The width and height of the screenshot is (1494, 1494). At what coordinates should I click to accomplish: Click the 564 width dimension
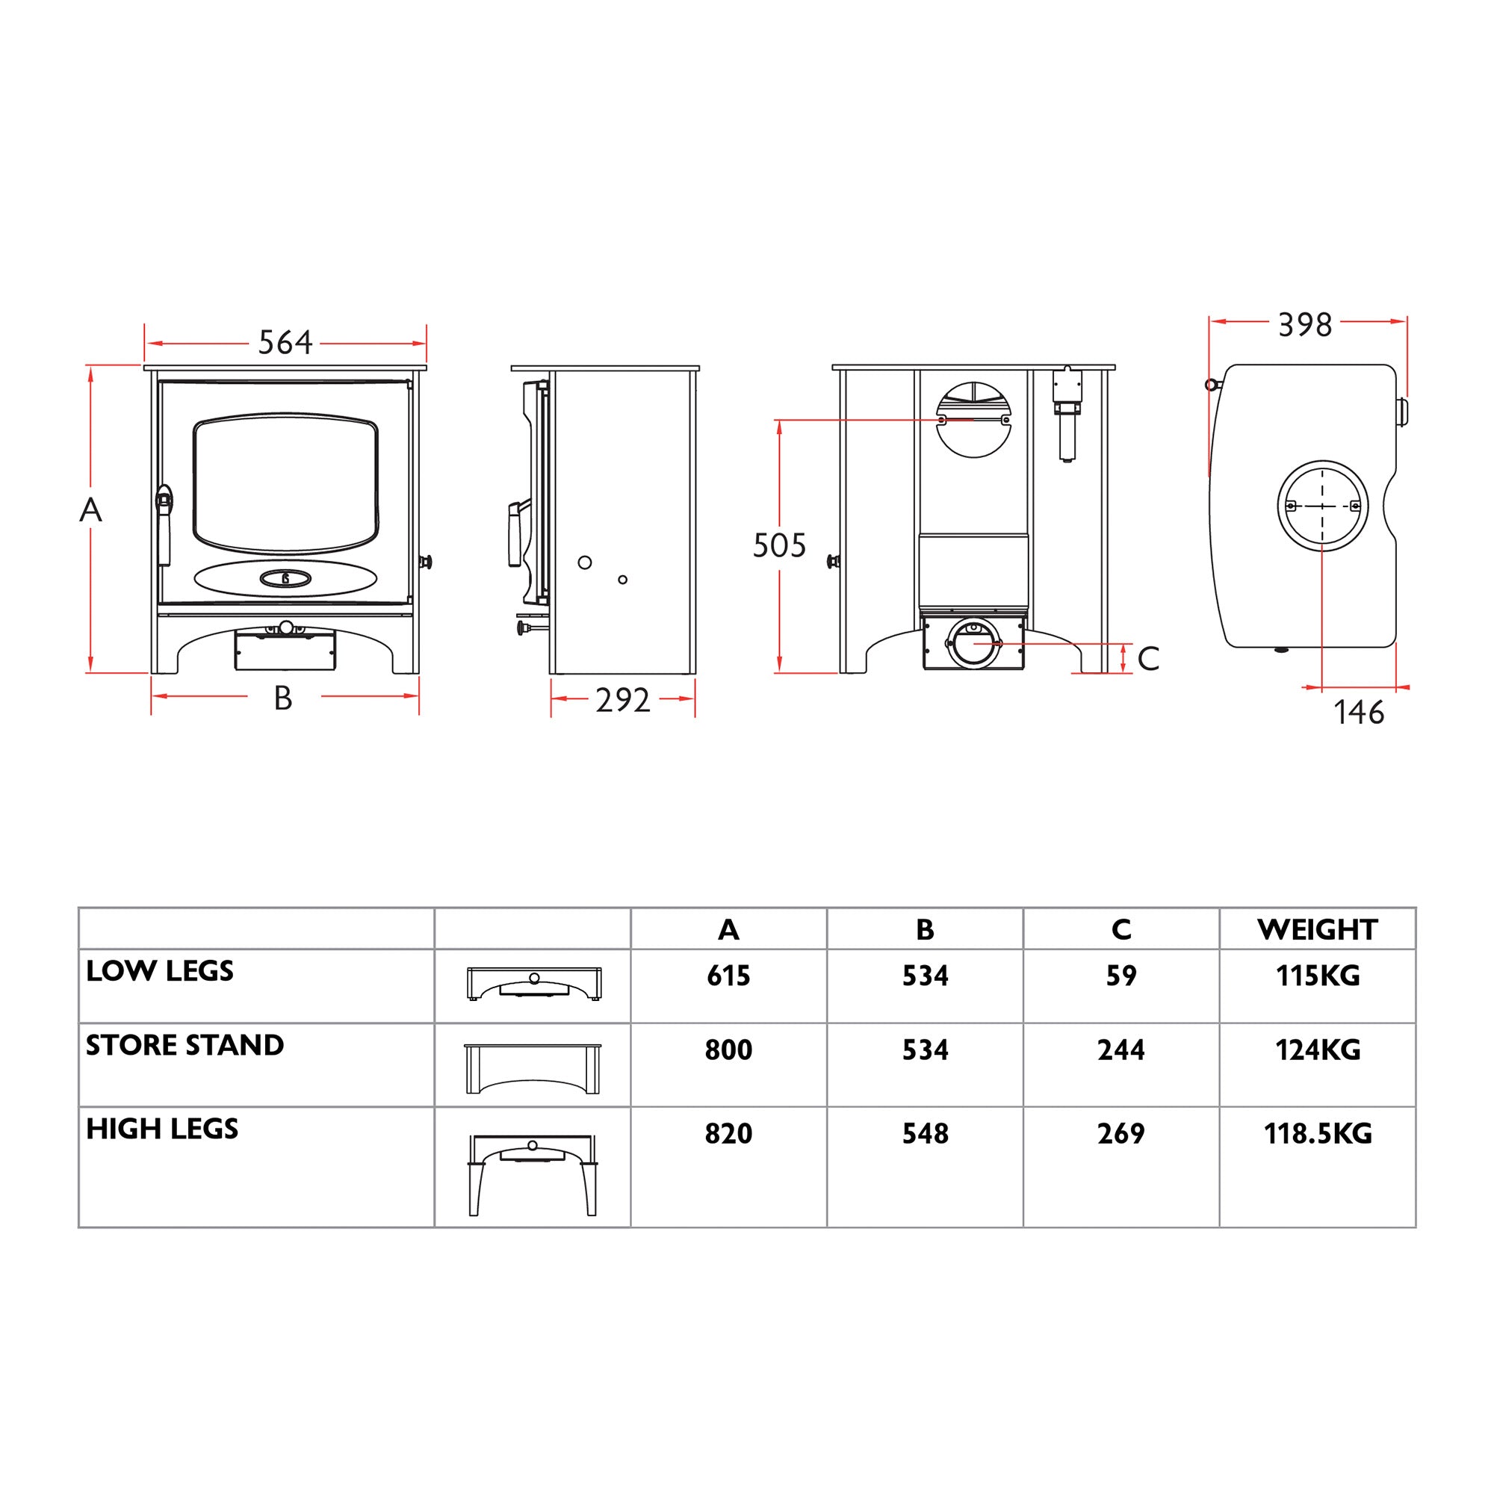(285, 343)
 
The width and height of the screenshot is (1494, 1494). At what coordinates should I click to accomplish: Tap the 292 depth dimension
(622, 700)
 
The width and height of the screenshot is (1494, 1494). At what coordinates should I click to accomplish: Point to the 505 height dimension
(778, 545)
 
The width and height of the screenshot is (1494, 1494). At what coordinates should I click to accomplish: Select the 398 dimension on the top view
(1304, 325)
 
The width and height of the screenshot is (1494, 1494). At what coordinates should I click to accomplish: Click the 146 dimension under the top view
(1359, 712)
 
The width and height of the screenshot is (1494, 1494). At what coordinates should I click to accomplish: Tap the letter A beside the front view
(90, 509)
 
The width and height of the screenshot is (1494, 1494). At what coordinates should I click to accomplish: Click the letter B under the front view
(283, 699)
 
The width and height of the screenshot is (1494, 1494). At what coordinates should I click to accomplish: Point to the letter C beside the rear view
(1148, 659)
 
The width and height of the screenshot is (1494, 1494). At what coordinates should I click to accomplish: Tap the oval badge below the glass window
(285, 577)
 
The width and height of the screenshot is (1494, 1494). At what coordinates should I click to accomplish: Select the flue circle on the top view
(1322, 506)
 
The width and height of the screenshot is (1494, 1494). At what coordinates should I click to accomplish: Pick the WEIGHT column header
(1317, 929)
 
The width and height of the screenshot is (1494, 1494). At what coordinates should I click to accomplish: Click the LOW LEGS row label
(160, 970)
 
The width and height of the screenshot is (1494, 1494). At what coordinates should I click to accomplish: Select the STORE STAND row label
(185, 1045)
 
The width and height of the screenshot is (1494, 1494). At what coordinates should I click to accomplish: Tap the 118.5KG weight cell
(1317, 1134)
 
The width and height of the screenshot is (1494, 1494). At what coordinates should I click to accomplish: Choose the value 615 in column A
(728, 976)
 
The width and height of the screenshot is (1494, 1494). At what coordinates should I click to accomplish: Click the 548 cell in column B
(925, 1134)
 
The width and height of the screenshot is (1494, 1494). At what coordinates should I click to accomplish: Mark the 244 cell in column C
(1120, 1050)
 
